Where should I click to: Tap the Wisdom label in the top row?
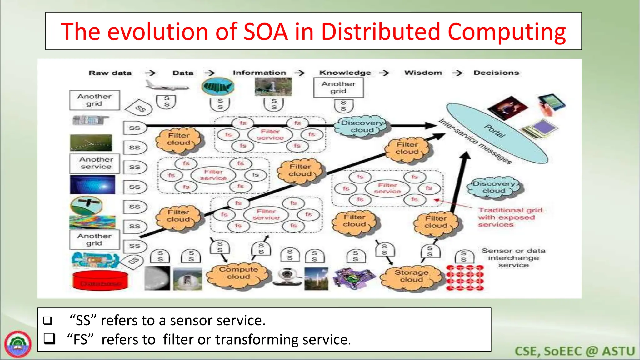pyautogui.click(x=423, y=73)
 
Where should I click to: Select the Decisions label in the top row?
pyautogui.click(x=496, y=73)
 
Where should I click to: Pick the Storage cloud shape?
pyautogui.click(x=411, y=276)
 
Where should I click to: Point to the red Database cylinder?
pyautogui.click(x=100, y=280)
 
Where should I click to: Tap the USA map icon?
pyautogui.click(x=218, y=87)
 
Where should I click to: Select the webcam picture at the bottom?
pyautogui.click(x=286, y=277)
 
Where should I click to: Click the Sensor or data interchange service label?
pyautogui.click(x=513, y=258)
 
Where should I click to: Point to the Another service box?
pyautogui.click(x=95, y=163)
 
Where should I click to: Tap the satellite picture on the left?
pyautogui.click(x=86, y=205)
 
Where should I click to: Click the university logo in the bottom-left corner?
pyautogui.click(x=18, y=344)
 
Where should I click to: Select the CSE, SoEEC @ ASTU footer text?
pyautogui.click(x=575, y=351)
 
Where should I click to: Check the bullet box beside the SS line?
pyautogui.click(x=48, y=321)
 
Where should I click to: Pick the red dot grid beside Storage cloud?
pyautogui.click(x=465, y=278)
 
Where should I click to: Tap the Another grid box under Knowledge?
pyautogui.click(x=338, y=88)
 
